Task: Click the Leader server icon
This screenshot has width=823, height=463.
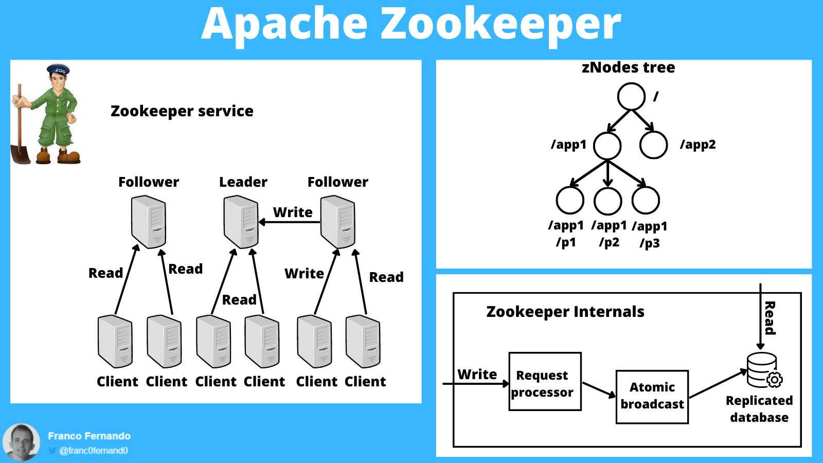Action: coord(241,222)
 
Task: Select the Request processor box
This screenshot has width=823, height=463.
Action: coord(545,381)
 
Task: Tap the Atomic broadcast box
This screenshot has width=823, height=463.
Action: coord(652,397)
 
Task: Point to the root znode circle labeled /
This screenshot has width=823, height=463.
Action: coord(631,96)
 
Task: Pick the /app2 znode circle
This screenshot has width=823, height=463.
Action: coord(653,145)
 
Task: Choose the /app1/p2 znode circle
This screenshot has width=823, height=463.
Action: coord(608,200)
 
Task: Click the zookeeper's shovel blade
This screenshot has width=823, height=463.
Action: coord(21,154)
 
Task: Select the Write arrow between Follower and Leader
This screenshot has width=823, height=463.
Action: coord(289,222)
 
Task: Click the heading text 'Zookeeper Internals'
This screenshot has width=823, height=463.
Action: coord(565,312)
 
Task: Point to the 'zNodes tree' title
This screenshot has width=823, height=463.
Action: coord(628,67)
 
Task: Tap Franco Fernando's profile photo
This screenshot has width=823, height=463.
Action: coord(22,442)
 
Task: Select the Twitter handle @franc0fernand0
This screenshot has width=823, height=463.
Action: coord(93,451)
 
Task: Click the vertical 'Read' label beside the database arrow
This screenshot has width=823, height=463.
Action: coord(770,318)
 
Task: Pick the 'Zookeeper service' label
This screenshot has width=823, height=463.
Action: coord(182,111)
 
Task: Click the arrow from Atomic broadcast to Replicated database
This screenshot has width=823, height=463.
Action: coord(718,384)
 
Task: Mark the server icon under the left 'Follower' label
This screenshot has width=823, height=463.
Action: coord(149,222)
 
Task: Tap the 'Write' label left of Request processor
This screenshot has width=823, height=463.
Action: coord(477,374)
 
